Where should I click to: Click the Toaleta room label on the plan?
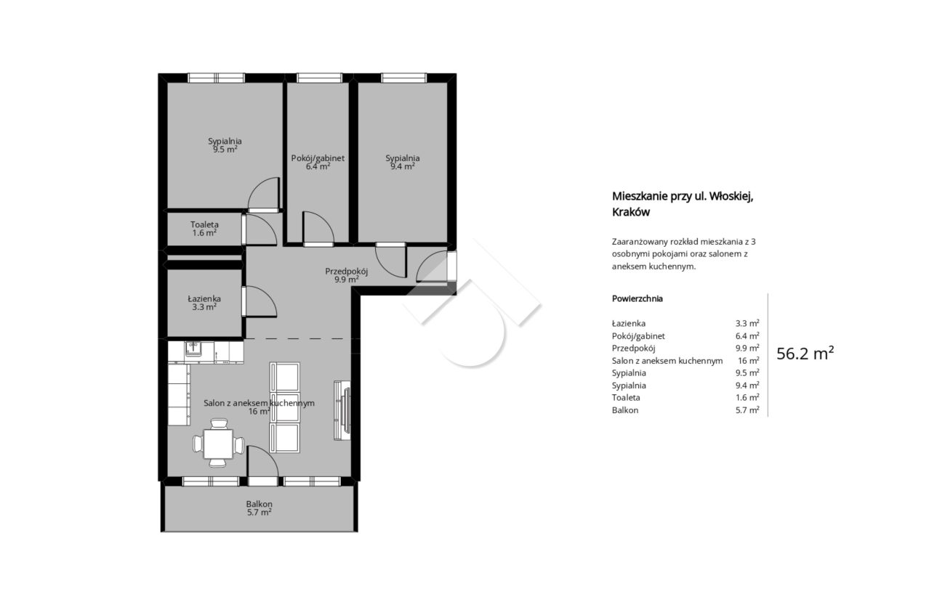click(204, 224)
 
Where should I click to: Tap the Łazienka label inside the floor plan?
click(204, 298)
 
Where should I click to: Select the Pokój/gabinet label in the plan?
click(318, 158)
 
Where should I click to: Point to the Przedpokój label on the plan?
click(346, 272)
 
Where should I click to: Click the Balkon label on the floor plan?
click(259, 504)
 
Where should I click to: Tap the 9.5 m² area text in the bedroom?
click(225, 150)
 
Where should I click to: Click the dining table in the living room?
click(218, 444)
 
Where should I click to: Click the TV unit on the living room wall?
click(342, 410)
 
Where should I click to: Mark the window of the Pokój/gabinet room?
click(319, 78)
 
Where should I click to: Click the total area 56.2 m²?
click(805, 354)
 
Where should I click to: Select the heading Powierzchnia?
click(638, 299)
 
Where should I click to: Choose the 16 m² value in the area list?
click(749, 360)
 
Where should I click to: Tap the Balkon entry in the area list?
click(625, 410)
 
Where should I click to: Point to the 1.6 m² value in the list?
click(747, 397)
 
